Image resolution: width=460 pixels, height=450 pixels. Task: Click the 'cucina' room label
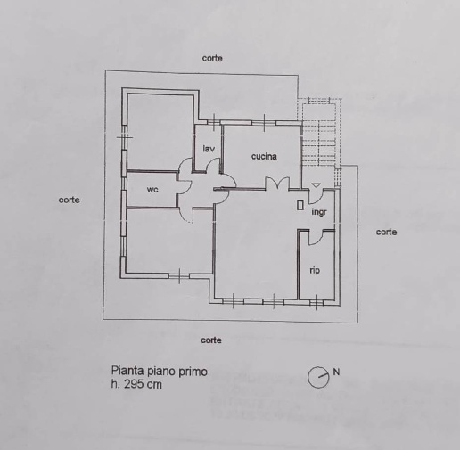coord(264,156)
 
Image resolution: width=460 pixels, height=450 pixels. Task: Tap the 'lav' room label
coord(209,149)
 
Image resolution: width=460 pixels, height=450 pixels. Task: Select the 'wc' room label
coord(152,190)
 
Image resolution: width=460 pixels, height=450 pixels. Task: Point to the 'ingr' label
coord(319,212)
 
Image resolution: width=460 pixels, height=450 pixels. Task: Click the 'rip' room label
coord(315,271)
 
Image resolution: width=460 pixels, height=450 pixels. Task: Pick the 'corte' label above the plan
coord(212,58)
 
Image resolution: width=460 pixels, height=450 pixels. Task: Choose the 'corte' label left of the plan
coord(70,200)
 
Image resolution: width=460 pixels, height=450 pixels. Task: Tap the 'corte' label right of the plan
coord(386,232)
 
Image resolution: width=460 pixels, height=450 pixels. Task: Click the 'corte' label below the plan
coord(211,340)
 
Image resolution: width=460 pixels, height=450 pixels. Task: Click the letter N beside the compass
coord(336,372)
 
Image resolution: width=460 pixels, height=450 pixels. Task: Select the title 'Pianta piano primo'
coord(160,372)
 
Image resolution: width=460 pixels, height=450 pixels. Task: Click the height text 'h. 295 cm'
coord(136,384)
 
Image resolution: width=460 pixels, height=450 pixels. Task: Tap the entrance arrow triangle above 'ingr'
coord(316,185)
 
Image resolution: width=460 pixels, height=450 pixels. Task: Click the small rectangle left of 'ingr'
coord(300,206)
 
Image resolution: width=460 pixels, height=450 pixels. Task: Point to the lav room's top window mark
coord(214,122)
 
